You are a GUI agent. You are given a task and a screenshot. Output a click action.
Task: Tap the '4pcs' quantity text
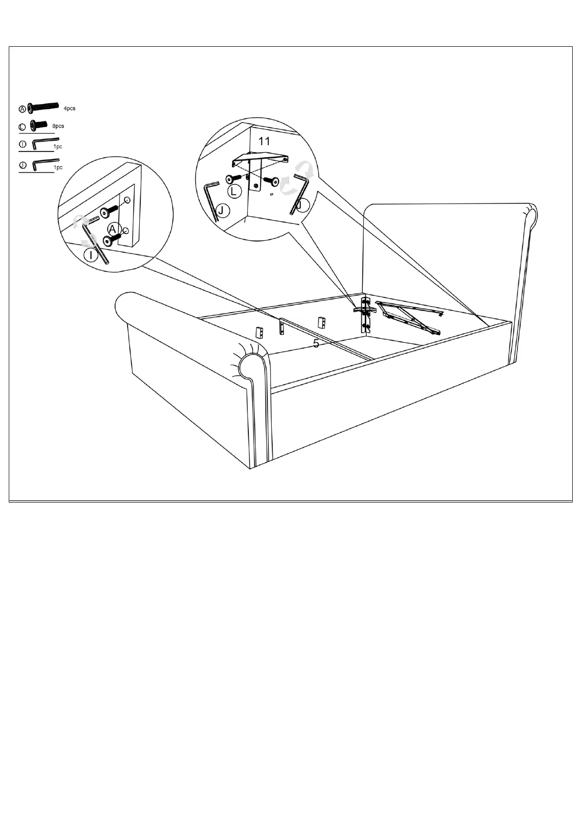[70, 108]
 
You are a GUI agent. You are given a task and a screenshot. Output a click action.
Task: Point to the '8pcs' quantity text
[58, 126]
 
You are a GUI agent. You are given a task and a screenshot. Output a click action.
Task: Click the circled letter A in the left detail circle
[113, 229]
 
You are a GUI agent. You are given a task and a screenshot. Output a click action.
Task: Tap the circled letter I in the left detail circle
[91, 255]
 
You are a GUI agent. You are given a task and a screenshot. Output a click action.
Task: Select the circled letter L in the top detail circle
[234, 192]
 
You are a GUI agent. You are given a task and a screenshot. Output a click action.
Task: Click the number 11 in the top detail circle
[264, 142]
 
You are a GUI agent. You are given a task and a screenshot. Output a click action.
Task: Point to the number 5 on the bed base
[316, 344]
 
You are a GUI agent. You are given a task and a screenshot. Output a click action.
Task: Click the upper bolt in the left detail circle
[109, 211]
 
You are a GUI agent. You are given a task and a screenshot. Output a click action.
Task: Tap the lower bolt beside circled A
[111, 239]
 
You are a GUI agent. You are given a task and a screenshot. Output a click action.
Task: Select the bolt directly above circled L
[233, 179]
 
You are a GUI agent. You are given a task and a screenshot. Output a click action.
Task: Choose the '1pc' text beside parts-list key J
[58, 168]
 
